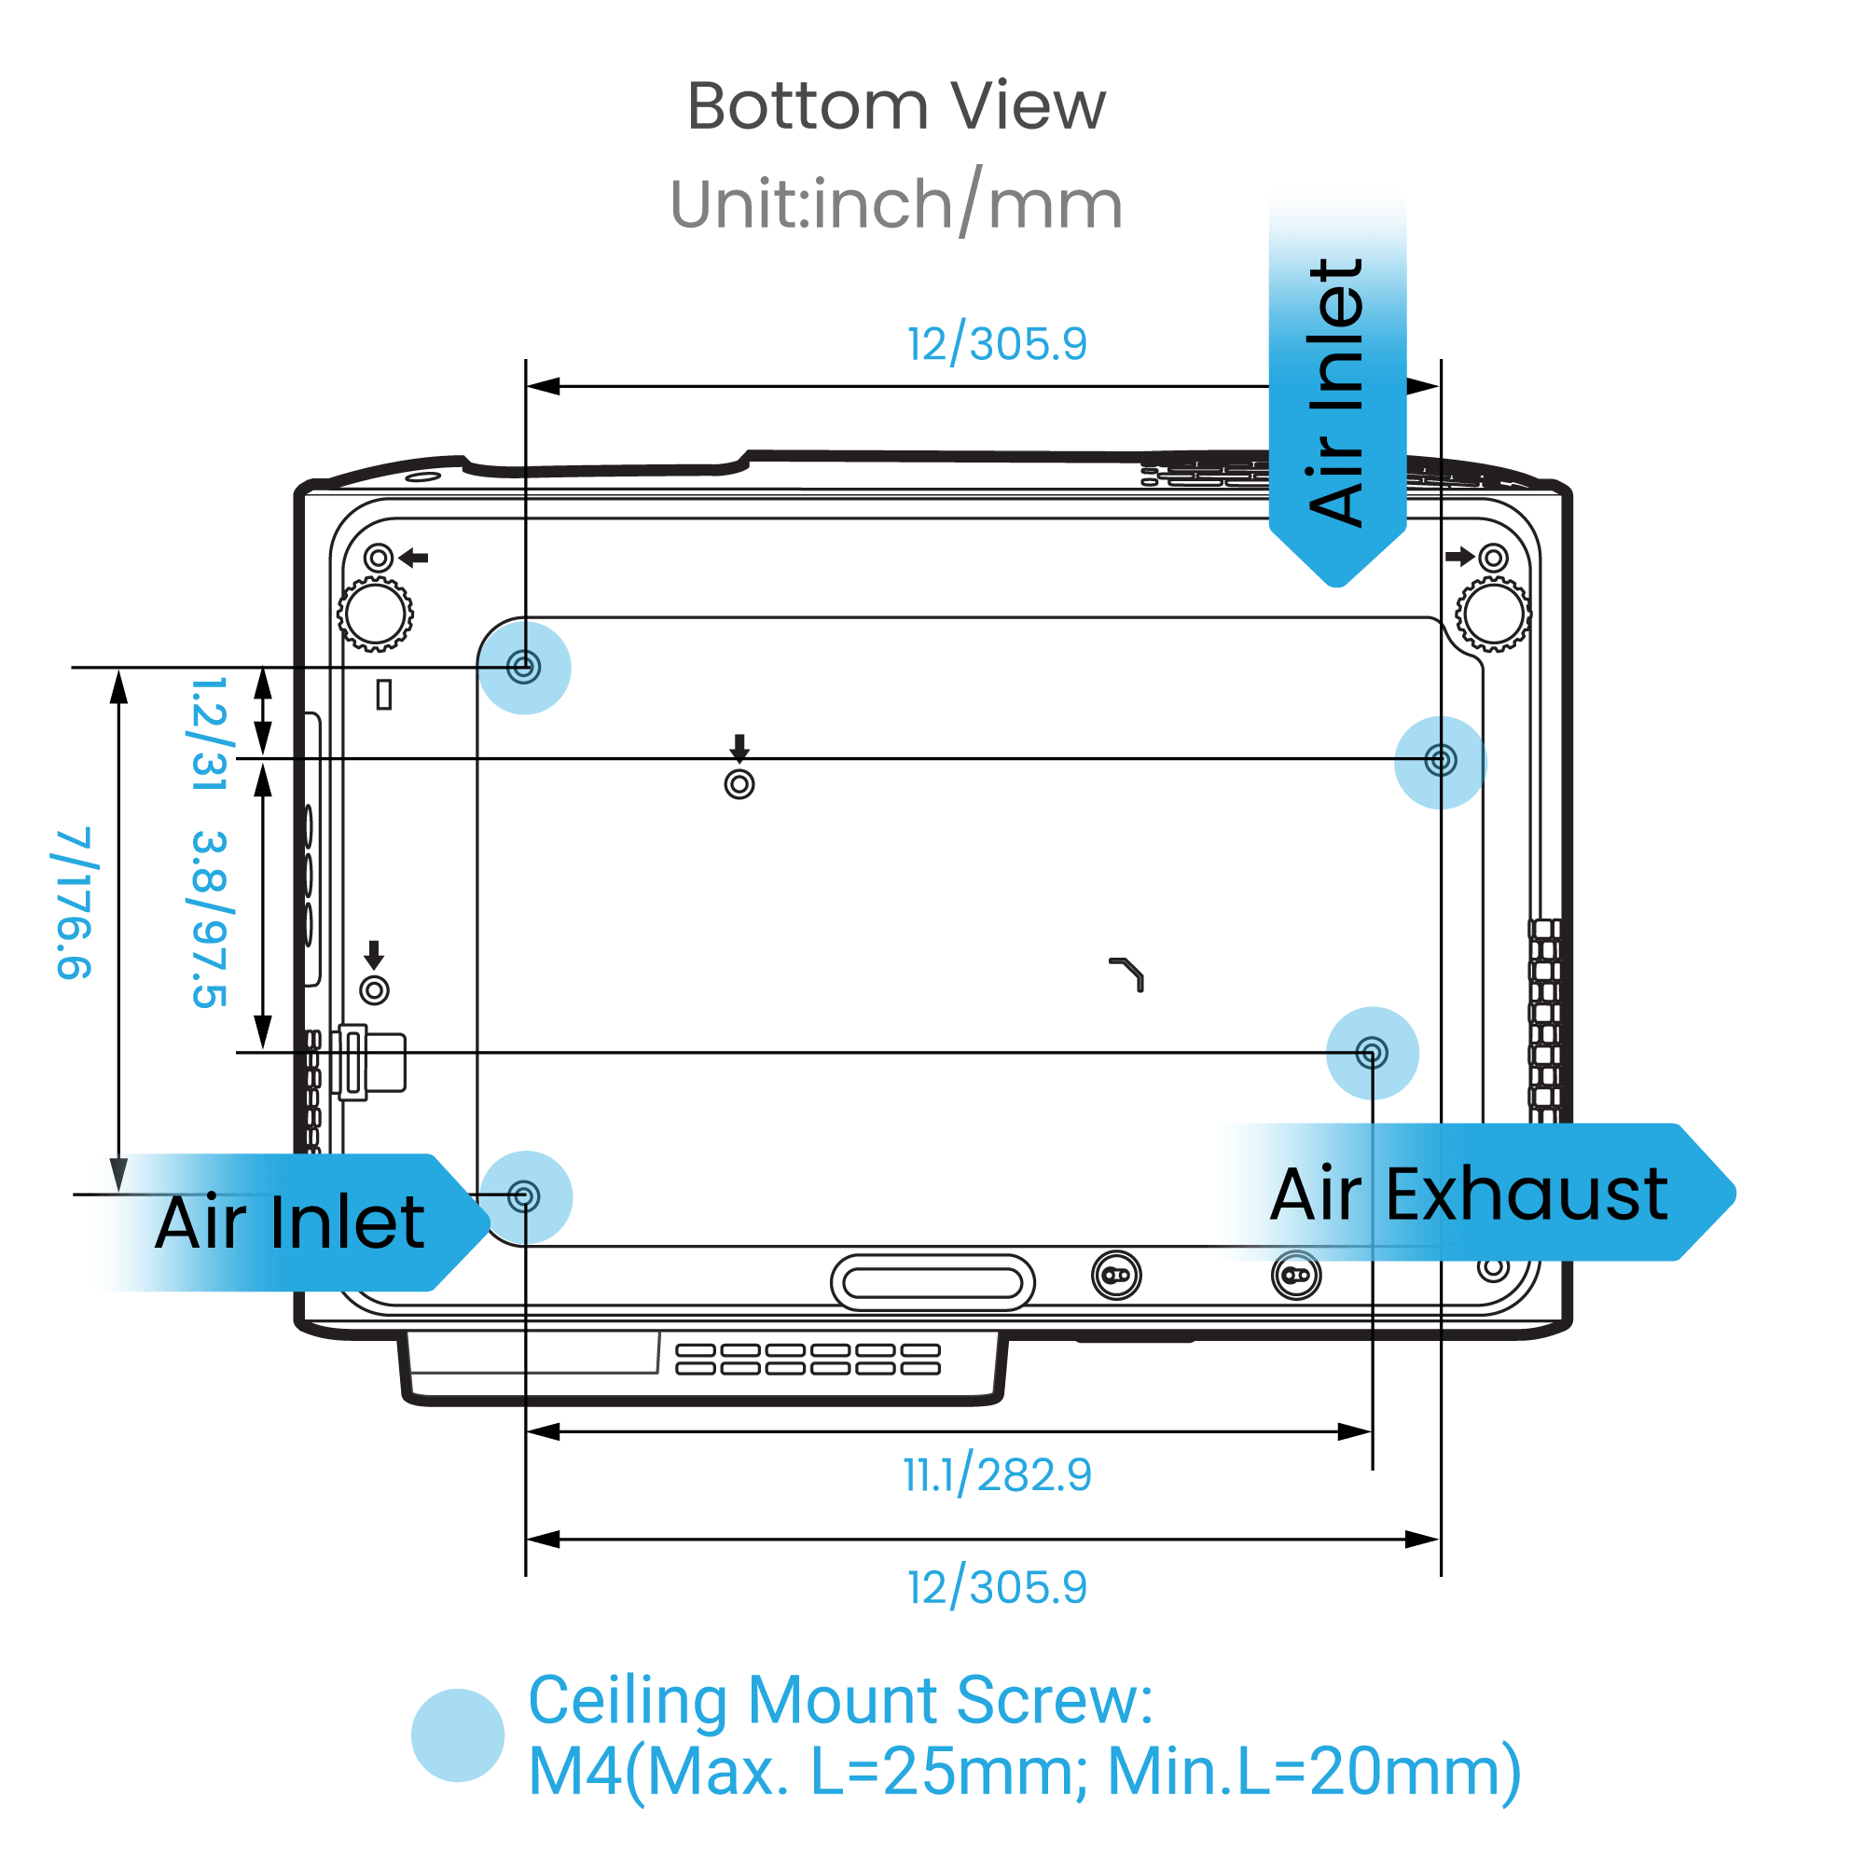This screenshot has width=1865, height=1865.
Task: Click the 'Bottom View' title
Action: (x=896, y=105)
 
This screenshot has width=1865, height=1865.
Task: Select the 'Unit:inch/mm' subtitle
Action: (x=896, y=203)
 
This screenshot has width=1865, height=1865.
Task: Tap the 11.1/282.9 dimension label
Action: (x=996, y=1474)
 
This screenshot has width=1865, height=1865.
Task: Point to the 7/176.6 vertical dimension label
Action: (x=75, y=903)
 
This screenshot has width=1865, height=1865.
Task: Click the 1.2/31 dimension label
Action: (x=210, y=734)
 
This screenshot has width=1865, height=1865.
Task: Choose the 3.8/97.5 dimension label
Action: (x=210, y=918)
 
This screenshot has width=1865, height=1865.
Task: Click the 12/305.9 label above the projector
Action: (x=996, y=344)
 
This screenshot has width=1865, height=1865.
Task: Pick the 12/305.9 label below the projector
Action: (x=996, y=1587)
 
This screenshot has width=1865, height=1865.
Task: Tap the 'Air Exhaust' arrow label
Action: (x=1467, y=1195)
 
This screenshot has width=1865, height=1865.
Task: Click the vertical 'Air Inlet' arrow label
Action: (x=1336, y=391)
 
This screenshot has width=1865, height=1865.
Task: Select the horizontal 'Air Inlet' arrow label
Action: (x=290, y=1223)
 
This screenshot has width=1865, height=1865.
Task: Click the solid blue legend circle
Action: (x=458, y=1734)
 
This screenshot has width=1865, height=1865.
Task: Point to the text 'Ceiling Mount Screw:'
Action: (x=840, y=1700)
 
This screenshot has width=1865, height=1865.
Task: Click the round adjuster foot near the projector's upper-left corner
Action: (x=376, y=613)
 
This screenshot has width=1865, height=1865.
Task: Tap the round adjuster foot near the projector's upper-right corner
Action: (x=1492, y=613)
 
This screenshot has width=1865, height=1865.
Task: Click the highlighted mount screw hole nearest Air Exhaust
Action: (x=1372, y=1052)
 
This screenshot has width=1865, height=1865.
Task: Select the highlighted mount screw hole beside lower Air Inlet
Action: (x=524, y=1197)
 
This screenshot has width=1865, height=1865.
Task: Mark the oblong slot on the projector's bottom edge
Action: (x=932, y=1282)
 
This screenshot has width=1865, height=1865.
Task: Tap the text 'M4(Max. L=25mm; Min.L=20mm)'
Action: (x=1023, y=1772)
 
